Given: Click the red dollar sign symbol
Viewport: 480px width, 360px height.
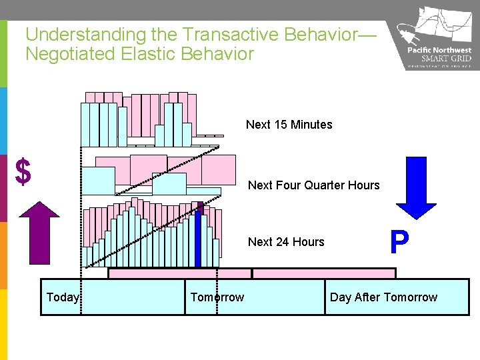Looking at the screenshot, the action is [x=23, y=171].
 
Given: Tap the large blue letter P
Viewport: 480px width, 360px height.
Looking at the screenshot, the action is [x=399, y=243].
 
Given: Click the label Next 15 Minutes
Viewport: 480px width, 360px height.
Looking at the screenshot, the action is [x=289, y=125].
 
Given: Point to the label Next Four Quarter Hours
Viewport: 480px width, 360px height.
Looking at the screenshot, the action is [x=313, y=185].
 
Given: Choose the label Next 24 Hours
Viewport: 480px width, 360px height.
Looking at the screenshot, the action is [x=286, y=242].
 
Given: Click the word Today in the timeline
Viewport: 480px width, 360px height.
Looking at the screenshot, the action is [x=63, y=297].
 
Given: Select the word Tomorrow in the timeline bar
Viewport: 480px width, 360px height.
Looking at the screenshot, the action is [x=217, y=297].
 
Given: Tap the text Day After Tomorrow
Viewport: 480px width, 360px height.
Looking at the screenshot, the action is [x=383, y=297].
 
